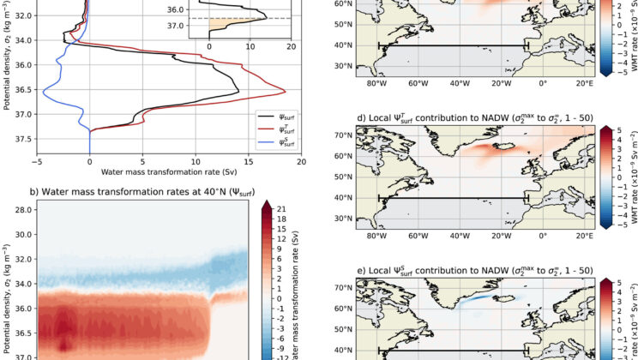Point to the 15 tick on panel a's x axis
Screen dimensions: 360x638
pos(248,160)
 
